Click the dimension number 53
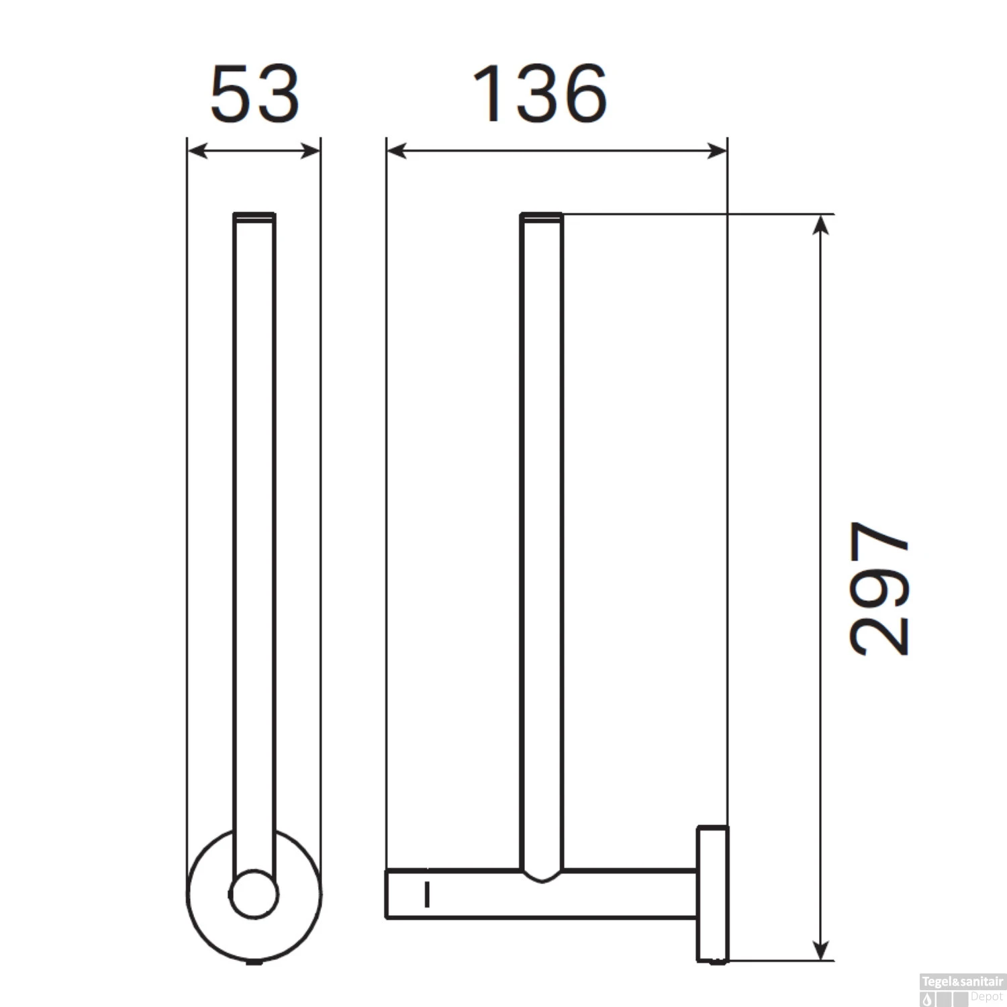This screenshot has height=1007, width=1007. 254,94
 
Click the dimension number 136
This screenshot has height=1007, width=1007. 540,94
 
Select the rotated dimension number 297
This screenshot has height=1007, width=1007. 879,588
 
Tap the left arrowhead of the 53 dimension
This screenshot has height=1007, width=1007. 196,151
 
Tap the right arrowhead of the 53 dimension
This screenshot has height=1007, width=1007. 311,151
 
